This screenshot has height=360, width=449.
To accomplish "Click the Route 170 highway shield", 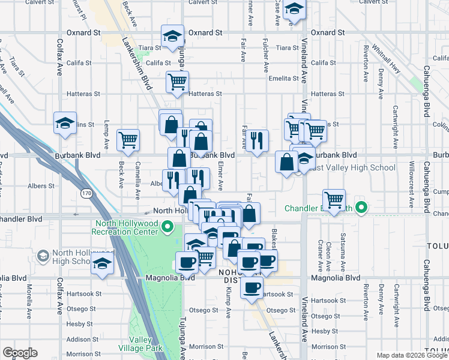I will [86, 193].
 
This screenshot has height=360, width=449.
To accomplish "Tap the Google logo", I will [20, 353].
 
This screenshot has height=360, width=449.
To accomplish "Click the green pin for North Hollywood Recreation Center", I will [168, 227].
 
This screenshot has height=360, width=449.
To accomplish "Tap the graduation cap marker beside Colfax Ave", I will [65, 123].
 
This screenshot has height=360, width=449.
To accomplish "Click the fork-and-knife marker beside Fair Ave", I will [257, 140].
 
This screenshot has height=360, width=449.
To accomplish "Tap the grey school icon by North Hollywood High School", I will [43, 257].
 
